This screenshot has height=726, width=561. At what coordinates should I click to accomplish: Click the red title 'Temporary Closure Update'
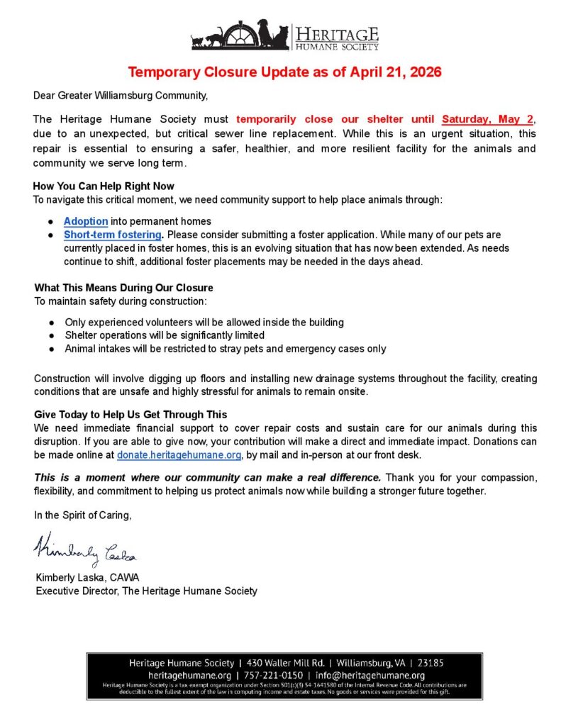(284, 72)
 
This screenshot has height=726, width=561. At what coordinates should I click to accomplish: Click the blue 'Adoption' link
(86, 221)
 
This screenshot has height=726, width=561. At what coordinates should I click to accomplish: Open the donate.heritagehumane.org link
(179, 454)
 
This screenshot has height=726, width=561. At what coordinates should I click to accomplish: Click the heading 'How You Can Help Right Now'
(104, 186)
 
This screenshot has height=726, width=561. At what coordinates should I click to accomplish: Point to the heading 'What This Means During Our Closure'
(123, 288)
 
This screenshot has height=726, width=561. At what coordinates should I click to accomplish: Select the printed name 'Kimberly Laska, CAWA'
(88, 577)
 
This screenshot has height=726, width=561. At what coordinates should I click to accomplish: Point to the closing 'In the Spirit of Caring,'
(83, 515)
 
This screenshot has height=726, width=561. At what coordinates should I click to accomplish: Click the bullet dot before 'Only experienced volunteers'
(51, 323)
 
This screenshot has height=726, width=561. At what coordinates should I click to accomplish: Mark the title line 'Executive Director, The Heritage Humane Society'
(147, 591)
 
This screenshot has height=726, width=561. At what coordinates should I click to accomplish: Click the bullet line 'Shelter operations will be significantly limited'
(165, 335)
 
